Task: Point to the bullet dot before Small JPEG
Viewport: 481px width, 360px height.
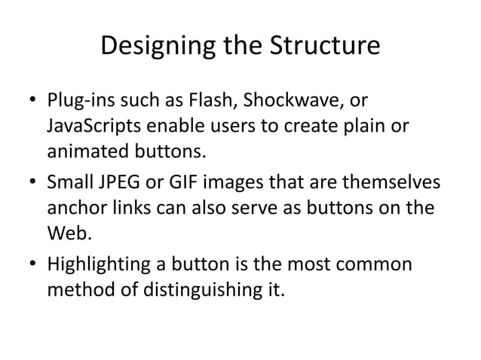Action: [31, 184]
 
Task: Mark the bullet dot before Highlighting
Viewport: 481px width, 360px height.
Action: [31, 265]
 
